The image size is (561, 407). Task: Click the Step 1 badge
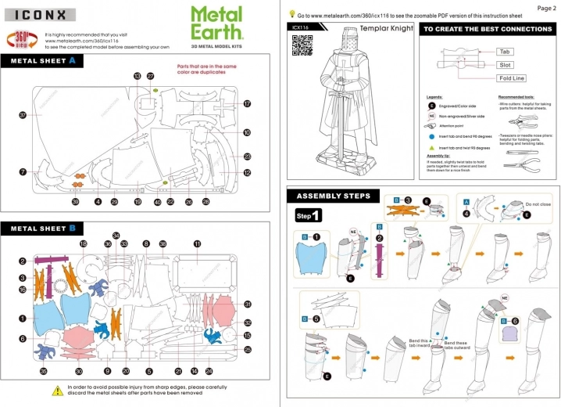click(x=308, y=214)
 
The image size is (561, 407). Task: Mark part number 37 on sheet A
click(x=23, y=115)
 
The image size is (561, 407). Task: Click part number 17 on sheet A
click(x=246, y=103)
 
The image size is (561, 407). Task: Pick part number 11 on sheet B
click(x=198, y=244)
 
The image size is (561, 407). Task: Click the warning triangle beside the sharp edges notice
click(x=57, y=390)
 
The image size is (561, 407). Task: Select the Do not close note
click(x=538, y=203)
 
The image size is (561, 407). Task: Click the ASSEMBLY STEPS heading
click(x=334, y=196)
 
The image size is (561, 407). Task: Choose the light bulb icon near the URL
click(x=292, y=13)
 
